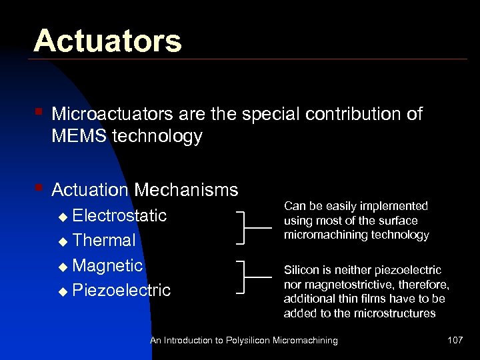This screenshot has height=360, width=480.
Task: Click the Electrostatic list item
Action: click(119, 215)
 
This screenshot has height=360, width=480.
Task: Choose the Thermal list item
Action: click(103, 240)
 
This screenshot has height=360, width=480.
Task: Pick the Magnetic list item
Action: click(107, 265)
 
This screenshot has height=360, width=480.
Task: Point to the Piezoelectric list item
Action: click(121, 290)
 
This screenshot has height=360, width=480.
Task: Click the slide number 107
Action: click(455, 340)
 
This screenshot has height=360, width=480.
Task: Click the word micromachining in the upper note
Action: click(317, 235)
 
